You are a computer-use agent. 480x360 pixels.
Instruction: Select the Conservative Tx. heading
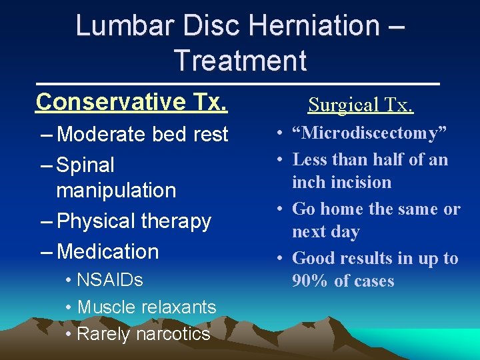(132, 101)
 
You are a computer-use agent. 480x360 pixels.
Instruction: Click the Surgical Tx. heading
(360, 105)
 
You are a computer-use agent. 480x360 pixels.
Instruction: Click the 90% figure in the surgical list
(310, 281)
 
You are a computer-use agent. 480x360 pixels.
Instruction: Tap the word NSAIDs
(110, 280)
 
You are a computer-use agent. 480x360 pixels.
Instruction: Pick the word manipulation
(116, 190)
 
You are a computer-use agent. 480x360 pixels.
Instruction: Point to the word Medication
(108, 251)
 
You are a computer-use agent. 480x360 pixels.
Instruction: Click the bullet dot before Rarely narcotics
(69, 334)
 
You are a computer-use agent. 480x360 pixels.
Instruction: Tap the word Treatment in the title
(240, 61)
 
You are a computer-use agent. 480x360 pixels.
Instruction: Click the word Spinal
(86, 165)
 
